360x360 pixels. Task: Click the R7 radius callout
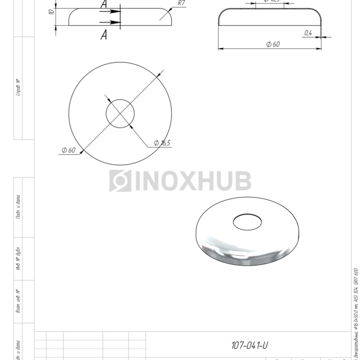[x=181, y=3]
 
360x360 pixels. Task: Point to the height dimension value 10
[x=51, y=11]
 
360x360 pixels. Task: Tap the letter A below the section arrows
[x=104, y=35]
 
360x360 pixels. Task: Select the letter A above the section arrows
[x=104, y=5]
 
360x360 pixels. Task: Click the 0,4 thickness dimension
[x=308, y=33]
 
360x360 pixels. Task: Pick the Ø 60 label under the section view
[x=273, y=44]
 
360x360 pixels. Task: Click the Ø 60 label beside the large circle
[x=68, y=150]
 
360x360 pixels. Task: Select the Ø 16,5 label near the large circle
[x=162, y=143]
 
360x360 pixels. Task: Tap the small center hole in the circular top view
[x=120, y=113]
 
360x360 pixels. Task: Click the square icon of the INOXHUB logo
[x=120, y=181]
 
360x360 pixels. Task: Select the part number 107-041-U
[x=249, y=345]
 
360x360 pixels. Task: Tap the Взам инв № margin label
[x=18, y=302]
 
